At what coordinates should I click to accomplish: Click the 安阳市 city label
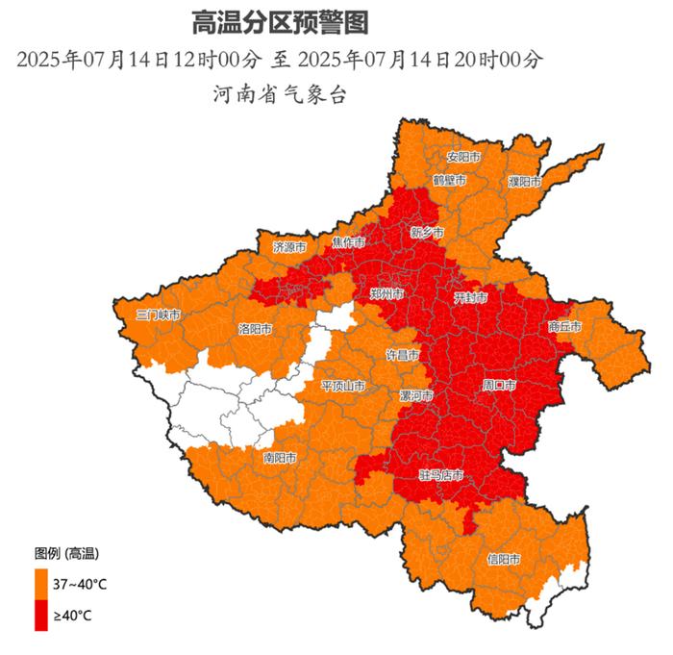(x=463, y=157)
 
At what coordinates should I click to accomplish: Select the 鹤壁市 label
(x=449, y=180)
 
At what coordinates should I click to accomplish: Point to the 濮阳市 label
(x=525, y=181)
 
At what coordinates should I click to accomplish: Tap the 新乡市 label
(x=427, y=233)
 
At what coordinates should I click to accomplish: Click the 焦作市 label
(x=348, y=241)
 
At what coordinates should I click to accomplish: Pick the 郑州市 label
(x=386, y=291)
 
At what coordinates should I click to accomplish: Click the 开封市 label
(x=471, y=298)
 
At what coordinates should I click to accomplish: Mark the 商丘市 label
(x=565, y=327)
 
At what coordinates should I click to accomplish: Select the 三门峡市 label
(x=158, y=315)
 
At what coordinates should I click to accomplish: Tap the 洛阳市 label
(x=255, y=329)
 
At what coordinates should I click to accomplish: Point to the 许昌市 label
(x=403, y=355)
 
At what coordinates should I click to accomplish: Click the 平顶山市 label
(x=342, y=387)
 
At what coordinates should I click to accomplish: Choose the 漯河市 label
(x=416, y=395)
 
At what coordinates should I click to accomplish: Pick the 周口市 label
(x=499, y=385)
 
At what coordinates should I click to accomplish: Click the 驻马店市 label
(x=441, y=475)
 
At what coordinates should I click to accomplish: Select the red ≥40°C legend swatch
(x=41, y=615)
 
